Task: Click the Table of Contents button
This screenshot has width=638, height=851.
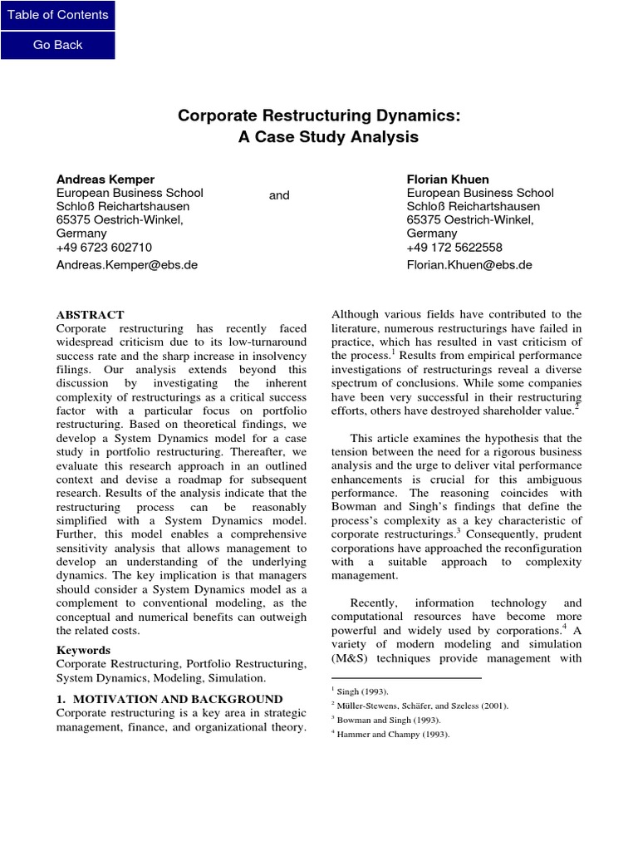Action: [57, 15]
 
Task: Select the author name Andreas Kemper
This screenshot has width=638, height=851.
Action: [106, 179]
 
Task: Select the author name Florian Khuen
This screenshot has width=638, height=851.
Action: [448, 179]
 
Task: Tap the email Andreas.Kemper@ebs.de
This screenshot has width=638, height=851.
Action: [127, 265]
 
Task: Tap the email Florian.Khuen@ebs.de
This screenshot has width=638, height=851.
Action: [469, 265]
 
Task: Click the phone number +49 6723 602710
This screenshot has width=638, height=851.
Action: [104, 247]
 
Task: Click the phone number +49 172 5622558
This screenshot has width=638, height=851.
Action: [454, 247]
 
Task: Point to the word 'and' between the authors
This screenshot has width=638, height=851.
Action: [279, 194]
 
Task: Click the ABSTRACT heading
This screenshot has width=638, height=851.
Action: [90, 315]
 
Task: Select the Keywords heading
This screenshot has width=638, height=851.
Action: [85, 649]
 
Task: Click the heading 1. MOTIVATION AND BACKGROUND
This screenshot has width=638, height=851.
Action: [169, 699]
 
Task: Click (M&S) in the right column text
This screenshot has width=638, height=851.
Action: [352, 658]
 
